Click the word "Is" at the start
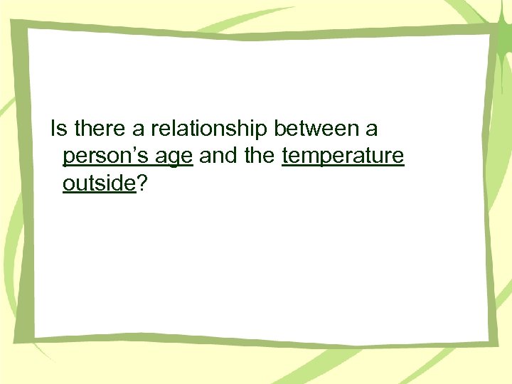58,129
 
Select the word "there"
94,129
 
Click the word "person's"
107,157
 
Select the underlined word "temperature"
343,157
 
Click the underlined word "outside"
99,183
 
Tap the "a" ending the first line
371,131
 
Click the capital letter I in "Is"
53,129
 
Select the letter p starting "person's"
68,159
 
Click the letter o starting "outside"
68,185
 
